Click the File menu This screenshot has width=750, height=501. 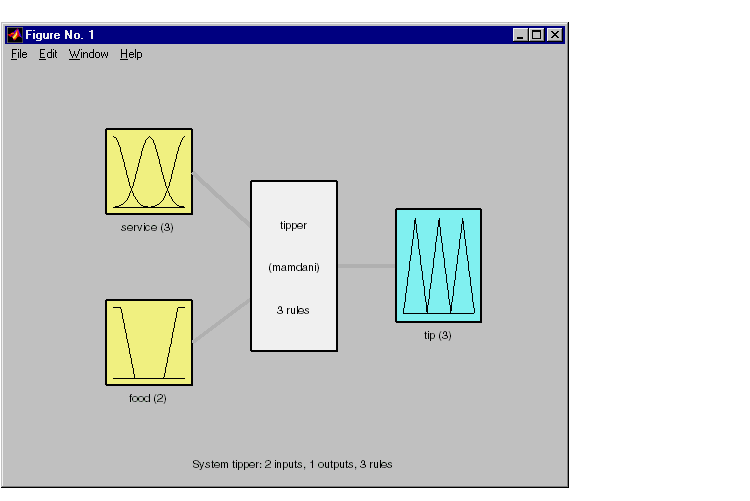(x=19, y=54)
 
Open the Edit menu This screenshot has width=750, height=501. (x=48, y=54)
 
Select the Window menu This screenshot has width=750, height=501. (x=88, y=54)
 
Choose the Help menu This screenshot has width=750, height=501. (x=131, y=54)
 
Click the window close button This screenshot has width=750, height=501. (x=555, y=34)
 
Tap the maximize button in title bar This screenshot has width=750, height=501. (x=537, y=34)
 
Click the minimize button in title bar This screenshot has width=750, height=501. (x=520, y=34)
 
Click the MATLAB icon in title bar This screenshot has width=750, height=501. (x=14, y=34)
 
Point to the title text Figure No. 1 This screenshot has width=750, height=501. (x=60, y=34)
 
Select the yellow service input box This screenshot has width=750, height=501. (x=149, y=171)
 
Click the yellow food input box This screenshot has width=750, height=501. (x=149, y=343)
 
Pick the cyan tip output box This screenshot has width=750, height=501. (x=438, y=266)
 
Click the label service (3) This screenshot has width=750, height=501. (x=147, y=227)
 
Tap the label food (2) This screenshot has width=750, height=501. (x=147, y=398)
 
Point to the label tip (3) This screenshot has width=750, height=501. (x=437, y=335)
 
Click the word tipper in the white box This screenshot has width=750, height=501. (x=293, y=225)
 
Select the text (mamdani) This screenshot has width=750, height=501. (x=294, y=267)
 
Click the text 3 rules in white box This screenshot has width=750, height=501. (x=293, y=310)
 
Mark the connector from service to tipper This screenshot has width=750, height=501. (x=221, y=199)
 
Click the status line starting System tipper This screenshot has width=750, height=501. (x=292, y=464)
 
